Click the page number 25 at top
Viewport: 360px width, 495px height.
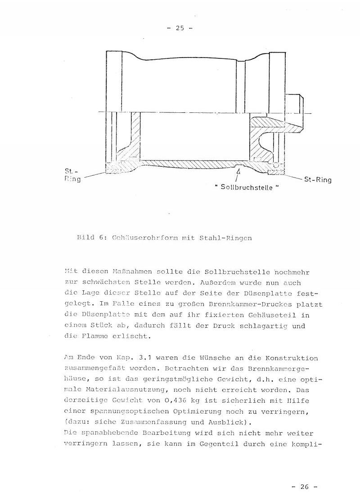click(x=179, y=29)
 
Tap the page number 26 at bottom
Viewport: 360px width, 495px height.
click(x=305, y=486)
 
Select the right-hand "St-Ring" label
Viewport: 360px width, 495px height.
click(x=318, y=180)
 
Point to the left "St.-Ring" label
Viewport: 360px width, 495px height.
click(x=72, y=176)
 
